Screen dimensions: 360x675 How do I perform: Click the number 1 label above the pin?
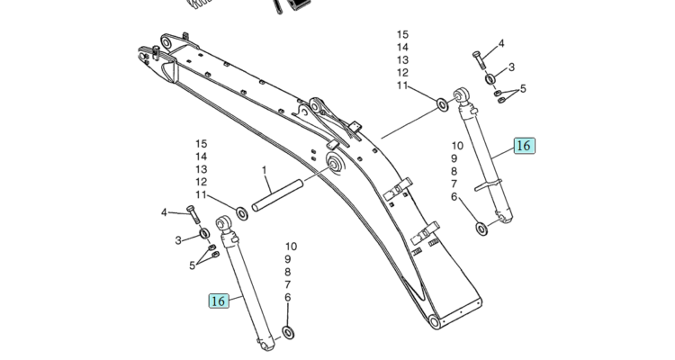265,170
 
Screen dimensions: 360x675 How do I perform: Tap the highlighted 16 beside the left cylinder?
219,301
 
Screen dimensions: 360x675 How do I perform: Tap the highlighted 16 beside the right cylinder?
525,146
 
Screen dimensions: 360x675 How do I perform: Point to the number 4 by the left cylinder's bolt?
164,212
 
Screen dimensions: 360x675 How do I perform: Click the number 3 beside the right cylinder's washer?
511,67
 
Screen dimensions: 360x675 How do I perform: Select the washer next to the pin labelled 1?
240,214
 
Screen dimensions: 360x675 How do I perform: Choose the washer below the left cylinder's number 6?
288,333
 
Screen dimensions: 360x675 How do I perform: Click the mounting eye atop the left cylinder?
225,223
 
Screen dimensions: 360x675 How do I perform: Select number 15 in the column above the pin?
201,144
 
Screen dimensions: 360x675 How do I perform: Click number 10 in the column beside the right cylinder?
457,146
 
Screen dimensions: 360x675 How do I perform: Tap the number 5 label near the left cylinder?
193,265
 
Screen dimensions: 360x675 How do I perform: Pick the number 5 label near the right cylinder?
523,88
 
